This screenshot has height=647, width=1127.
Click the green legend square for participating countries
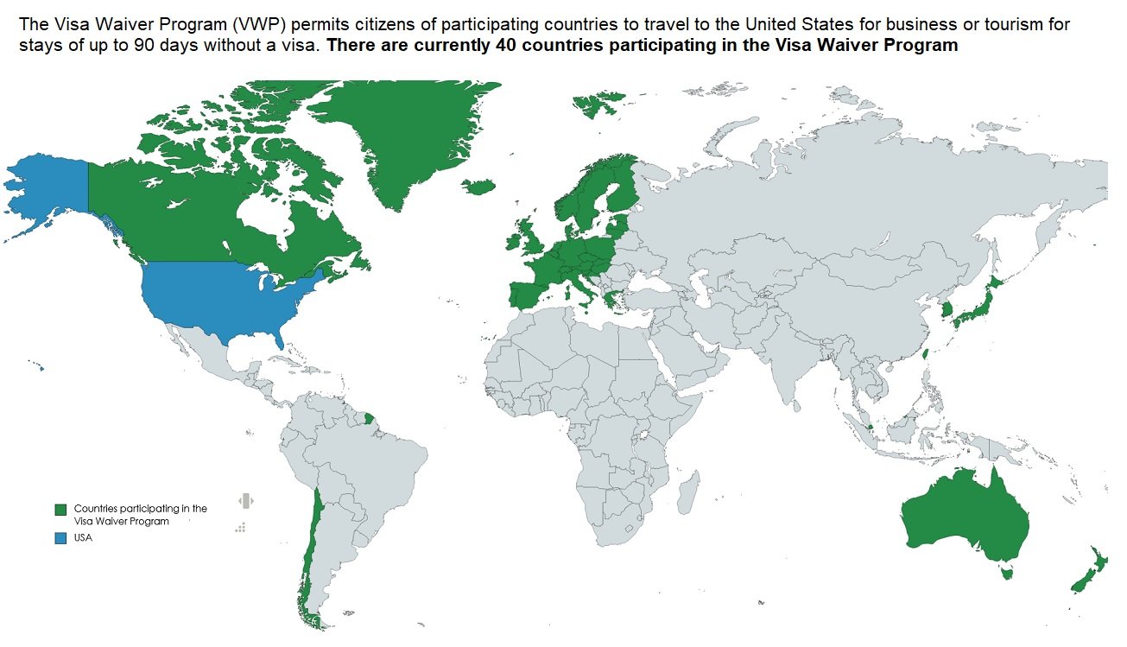(60, 510)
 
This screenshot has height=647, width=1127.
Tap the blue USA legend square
(60, 538)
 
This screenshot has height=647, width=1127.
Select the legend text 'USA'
(83, 538)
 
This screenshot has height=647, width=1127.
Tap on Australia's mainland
(963, 518)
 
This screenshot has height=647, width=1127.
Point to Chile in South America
(311, 553)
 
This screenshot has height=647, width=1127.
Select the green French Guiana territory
(370, 420)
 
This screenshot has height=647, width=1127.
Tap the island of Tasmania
(1004, 571)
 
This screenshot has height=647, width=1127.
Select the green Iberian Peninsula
(529, 295)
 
